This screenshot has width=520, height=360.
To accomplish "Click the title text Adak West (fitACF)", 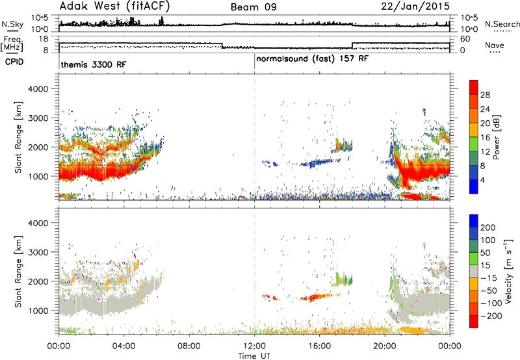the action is click(x=114, y=6).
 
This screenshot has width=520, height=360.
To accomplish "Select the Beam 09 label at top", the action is click(x=253, y=7).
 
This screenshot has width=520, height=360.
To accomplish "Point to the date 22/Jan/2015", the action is click(x=415, y=6).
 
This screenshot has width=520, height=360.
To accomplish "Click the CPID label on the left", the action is click(x=14, y=62).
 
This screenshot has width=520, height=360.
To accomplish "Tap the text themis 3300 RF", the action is click(x=94, y=64).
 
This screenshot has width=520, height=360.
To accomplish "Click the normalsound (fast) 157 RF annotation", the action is click(x=312, y=59).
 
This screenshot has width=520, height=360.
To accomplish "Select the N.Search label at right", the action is click(x=502, y=24).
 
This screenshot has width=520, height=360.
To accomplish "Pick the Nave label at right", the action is click(x=495, y=45).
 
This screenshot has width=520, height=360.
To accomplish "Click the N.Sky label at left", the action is click(x=12, y=24).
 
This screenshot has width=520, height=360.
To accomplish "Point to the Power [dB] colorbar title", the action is click(x=496, y=137).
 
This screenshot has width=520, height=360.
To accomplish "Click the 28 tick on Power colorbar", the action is click(x=485, y=95).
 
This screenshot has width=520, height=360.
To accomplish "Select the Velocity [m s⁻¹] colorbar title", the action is click(x=508, y=271).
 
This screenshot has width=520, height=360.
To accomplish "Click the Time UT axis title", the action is click(x=254, y=356).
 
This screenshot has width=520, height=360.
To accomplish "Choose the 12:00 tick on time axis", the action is click(x=254, y=346).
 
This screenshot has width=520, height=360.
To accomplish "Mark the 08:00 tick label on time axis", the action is click(x=189, y=346).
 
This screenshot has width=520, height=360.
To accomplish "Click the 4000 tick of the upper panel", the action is click(x=38, y=89).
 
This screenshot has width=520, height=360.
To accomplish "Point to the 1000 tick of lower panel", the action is click(x=38, y=311).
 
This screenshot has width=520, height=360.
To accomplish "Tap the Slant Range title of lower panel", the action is click(x=18, y=271).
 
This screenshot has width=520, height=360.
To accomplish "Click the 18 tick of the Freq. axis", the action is click(x=44, y=39).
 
